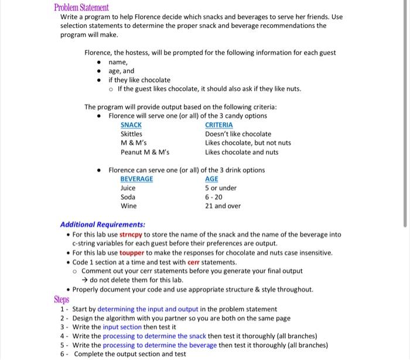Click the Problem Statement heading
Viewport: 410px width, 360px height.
click(x=81, y=8)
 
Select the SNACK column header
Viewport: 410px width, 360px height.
click(x=131, y=125)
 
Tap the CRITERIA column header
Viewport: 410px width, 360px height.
click(x=218, y=125)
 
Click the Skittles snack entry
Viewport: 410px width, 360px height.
click(x=131, y=134)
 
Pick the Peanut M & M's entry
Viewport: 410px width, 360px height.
click(x=145, y=152)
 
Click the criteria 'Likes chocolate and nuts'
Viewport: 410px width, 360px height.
click(x=241, y=152)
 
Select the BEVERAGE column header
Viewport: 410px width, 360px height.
click(x=136, y=179)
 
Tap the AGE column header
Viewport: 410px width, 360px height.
click(x=211, y=179)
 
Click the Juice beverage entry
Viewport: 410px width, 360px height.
click(x=128, y=188)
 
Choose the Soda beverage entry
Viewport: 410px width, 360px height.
click(x=128, y=197)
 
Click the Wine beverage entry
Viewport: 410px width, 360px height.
click(x=128, y=206)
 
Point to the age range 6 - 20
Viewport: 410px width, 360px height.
click(x=214, y=197)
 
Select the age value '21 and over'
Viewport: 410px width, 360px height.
click(x=223, y=206)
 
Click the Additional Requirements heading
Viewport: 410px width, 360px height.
click(x=102, y=225)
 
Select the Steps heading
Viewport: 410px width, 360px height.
click(x=61, y=299)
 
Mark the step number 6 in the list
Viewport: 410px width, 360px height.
click(x=63, y=354)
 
